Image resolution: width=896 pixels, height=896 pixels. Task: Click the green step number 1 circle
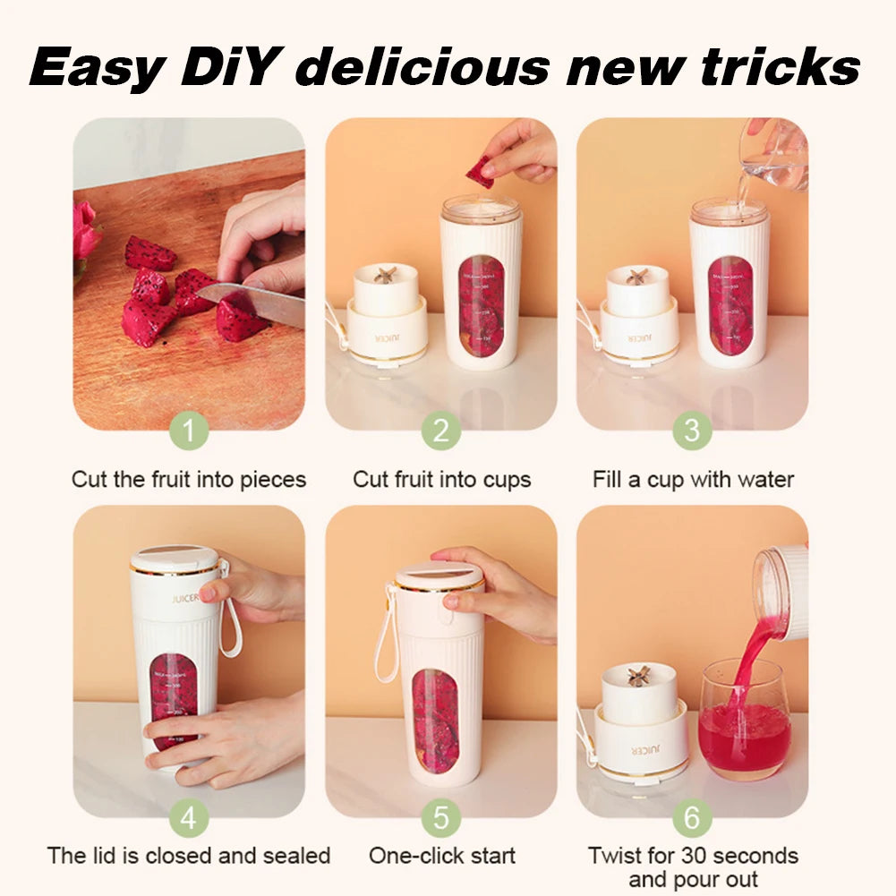point(189,431)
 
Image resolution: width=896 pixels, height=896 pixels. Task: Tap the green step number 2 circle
point(440,431)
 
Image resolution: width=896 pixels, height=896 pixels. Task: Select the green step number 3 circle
point(692,431)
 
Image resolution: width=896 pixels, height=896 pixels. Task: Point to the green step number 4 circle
point(189,817)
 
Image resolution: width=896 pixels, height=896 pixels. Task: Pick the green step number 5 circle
point(440,817)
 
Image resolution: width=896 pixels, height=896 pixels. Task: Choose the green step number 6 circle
point(692,817)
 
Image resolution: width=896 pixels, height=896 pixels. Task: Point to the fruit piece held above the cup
point(481,171)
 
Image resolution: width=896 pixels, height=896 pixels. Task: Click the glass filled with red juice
point(744,721)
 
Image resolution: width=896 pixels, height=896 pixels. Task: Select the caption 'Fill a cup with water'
point(693,480)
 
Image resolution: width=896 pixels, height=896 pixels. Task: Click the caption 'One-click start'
point(441,855)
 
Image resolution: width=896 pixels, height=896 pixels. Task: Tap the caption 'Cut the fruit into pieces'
point(189,480)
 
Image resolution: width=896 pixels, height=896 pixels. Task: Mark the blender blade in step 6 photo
point(638,676)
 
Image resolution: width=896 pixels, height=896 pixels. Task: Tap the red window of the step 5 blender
point(436,721)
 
